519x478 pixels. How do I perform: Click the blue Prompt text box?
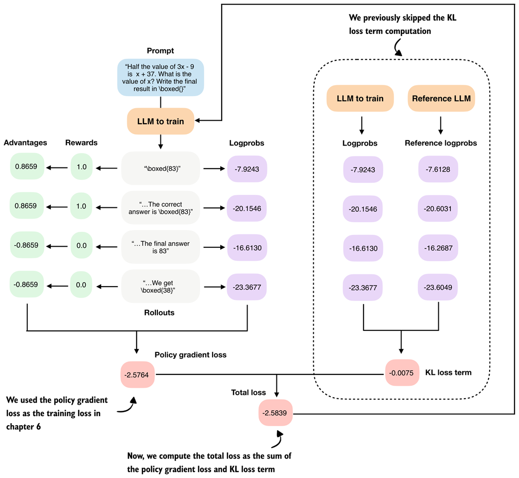coord(160,77)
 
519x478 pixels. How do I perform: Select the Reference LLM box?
coord(441,98)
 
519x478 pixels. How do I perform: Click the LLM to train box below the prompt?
coord(160,121)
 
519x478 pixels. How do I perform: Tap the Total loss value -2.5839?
coord(275,412)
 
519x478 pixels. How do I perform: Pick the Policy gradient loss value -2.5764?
coord(137,373)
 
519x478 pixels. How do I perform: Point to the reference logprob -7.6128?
coord(438,169)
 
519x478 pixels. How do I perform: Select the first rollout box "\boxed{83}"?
coord(160,168)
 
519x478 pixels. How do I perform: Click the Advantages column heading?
coord(25,143)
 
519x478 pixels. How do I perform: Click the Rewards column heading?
coord(81,143)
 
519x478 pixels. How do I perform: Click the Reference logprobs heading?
coord(441,143)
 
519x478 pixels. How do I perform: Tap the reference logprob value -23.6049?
coord(438,287)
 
